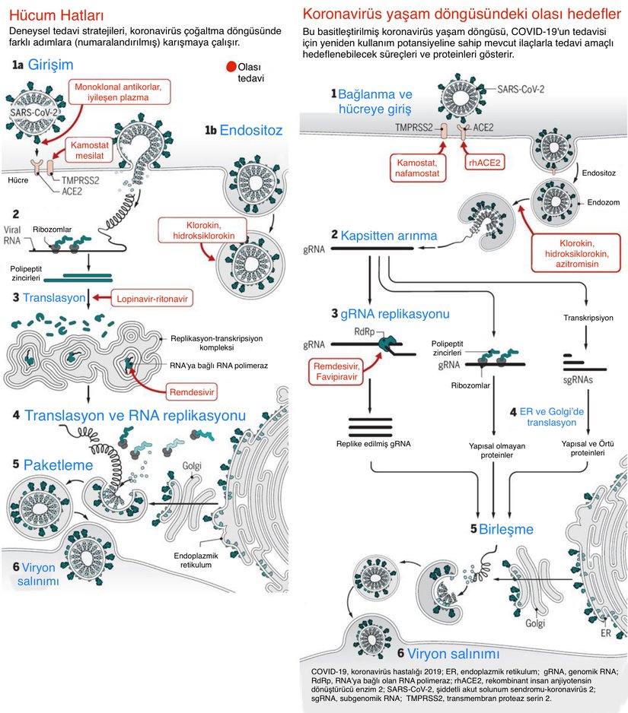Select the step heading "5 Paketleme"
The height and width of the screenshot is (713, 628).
53,464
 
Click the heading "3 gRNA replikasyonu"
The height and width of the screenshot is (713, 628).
390,313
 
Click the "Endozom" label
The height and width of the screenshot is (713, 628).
601,204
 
